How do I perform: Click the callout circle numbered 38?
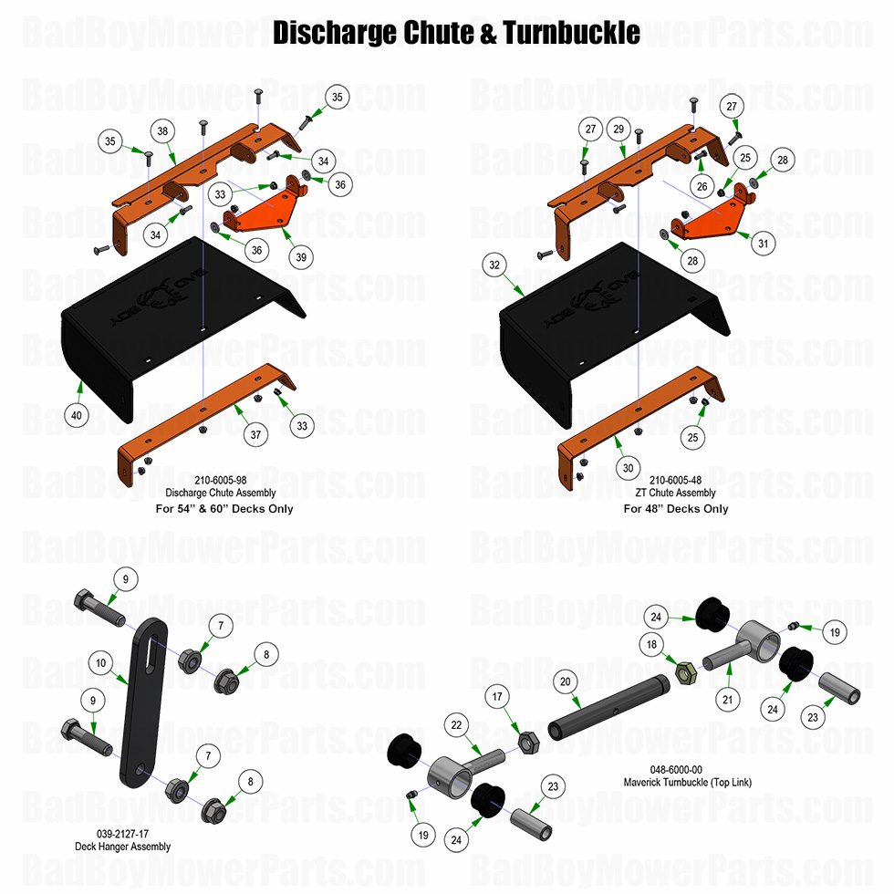point(163,131)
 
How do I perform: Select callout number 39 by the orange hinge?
point(300,257)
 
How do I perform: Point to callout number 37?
point(256,435)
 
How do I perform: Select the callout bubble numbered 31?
point(763,244)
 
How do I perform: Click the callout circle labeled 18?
point(651,644)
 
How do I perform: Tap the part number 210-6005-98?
point(221,479)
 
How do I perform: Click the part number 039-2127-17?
point(122,834)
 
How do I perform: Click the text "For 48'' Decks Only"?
point(676,508)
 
